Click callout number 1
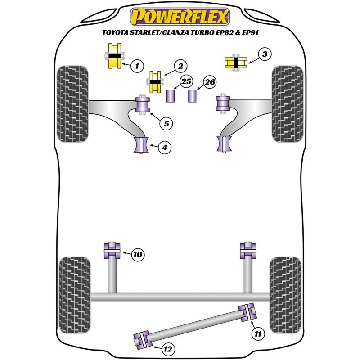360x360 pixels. [x=137, y=67]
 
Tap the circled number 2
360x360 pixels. [x=180, y=67]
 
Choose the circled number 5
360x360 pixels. [x=166, y=123]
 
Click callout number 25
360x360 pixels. [x=174, y=82]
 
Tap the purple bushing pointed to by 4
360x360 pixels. [x=140, y=144]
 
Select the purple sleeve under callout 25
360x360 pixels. [x=171, y=96]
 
